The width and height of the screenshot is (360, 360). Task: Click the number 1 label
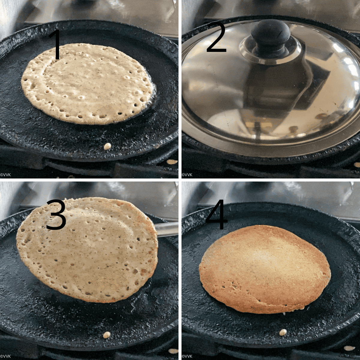point(56,45)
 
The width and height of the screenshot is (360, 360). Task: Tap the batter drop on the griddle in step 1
point(107,146)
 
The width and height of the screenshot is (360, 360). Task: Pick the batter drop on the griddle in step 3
point(106,335)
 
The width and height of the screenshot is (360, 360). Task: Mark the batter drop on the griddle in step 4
point(283,332)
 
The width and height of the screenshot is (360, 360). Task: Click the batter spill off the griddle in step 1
point(172,162)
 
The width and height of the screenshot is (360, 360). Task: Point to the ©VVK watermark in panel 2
point(187,174)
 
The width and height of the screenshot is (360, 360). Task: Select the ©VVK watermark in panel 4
point(187,356)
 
